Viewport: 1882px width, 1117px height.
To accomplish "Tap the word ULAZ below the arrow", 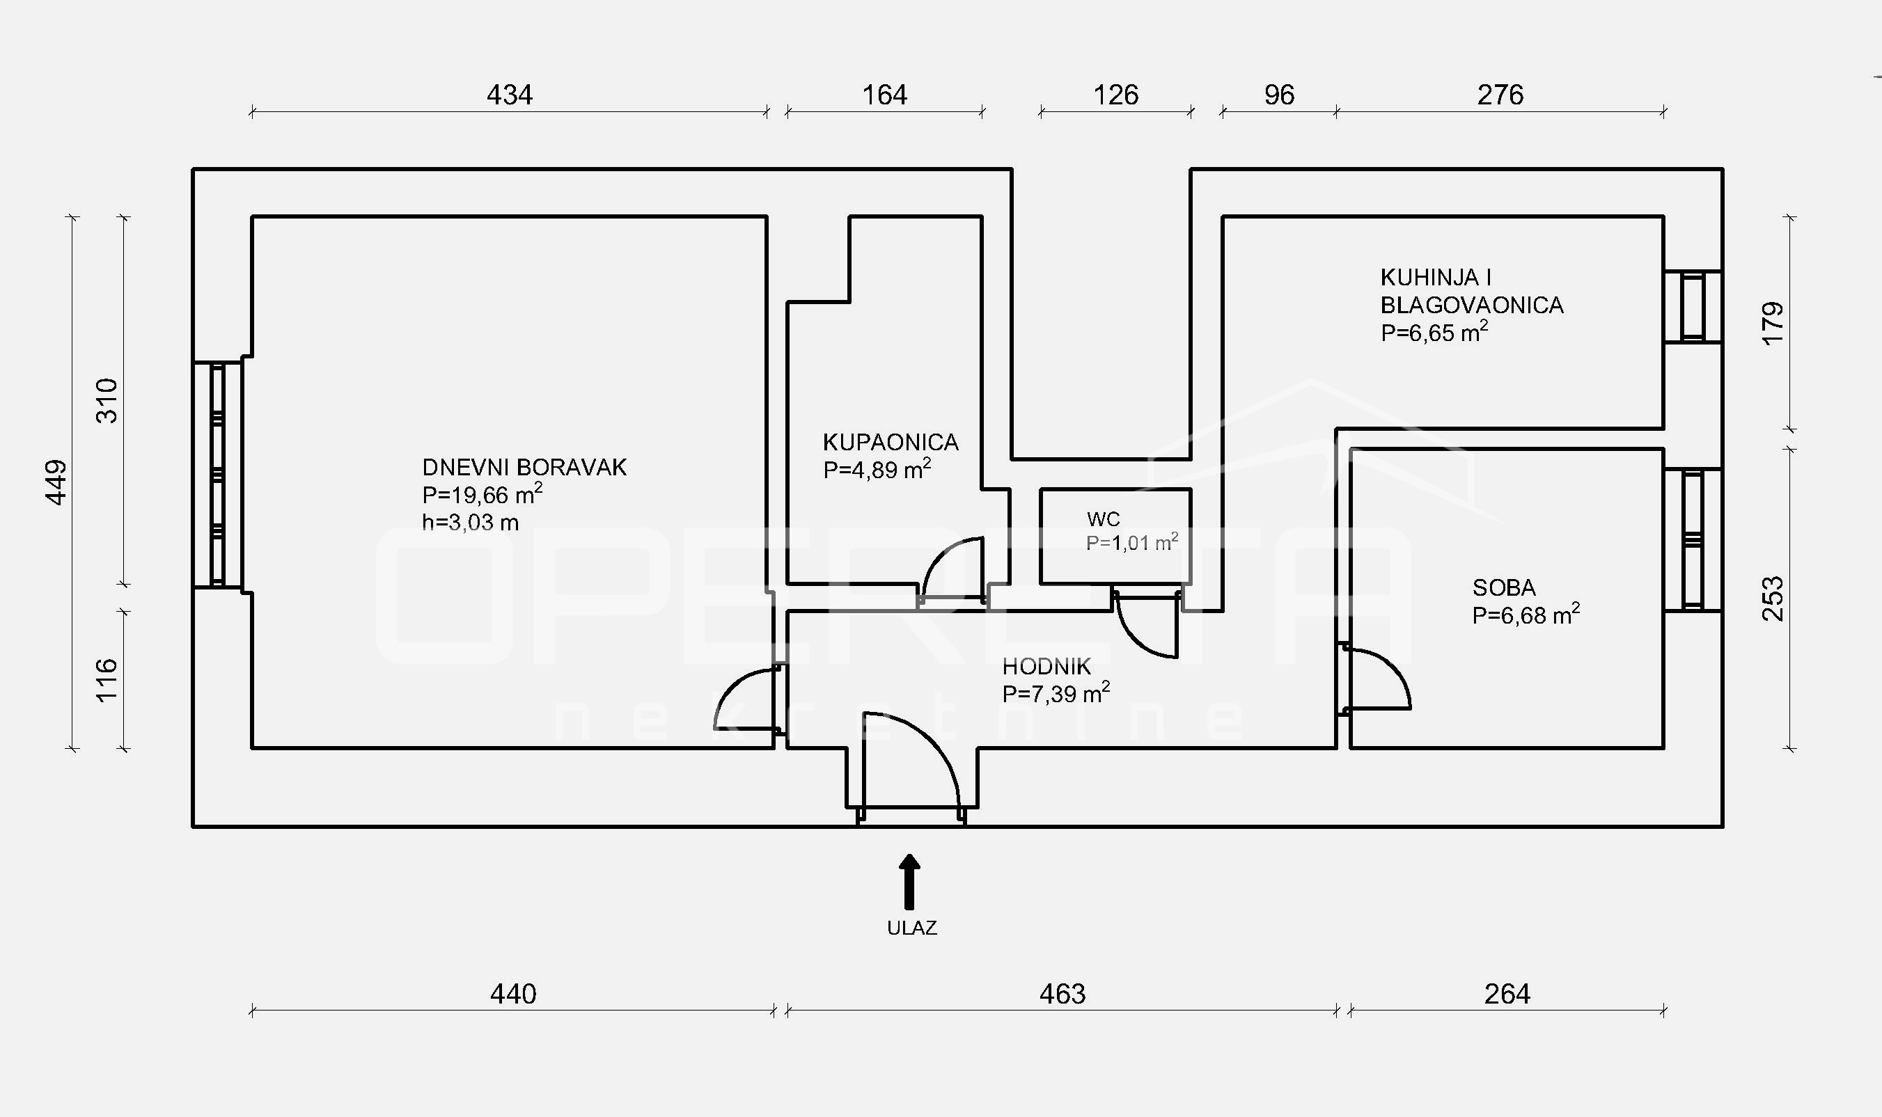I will (911, 928).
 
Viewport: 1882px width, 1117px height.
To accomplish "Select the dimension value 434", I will (510, 95).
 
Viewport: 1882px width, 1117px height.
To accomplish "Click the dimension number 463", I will (1062, 995).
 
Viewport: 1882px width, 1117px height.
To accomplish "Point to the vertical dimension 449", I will (57, 482).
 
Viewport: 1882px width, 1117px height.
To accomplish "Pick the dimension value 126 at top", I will (1115, 95).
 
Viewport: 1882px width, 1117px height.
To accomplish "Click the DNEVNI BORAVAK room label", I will (524, 468).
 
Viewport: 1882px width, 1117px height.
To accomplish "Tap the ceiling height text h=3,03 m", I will (471, 523).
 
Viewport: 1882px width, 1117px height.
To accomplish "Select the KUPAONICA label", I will (891, 442).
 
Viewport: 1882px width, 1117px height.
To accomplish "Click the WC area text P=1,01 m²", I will (1131, 543).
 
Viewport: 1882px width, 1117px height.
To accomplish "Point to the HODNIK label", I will (1046, 666).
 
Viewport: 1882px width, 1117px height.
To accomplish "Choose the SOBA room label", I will (1504, 587).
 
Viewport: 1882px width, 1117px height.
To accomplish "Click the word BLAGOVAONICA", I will (1472, 305).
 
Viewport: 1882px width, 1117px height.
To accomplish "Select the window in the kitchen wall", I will (1693, 306).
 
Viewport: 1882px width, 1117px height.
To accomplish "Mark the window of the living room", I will (217, 474).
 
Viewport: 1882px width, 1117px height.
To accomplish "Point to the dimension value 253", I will (1773, 599).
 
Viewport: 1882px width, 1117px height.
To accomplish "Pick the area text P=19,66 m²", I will (482, 495).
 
